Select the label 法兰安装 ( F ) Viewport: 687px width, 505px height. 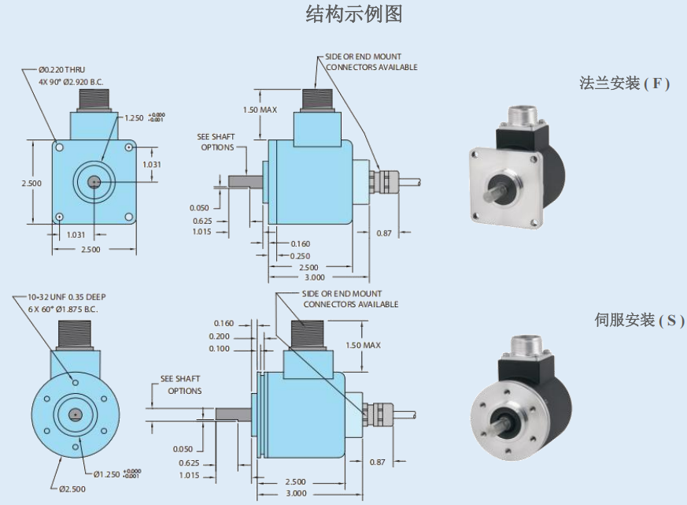pos(624,84)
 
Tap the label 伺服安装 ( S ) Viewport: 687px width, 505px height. pos(639,321)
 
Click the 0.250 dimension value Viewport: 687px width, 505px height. pos(300,256)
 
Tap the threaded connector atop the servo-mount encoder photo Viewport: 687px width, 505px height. pos(523,344)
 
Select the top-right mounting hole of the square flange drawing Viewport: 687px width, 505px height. pos(129,147)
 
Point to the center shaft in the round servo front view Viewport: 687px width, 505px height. pos(74,414)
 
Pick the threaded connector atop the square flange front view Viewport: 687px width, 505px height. pos(92,101)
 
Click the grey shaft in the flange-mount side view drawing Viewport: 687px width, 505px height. pos(244,180)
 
